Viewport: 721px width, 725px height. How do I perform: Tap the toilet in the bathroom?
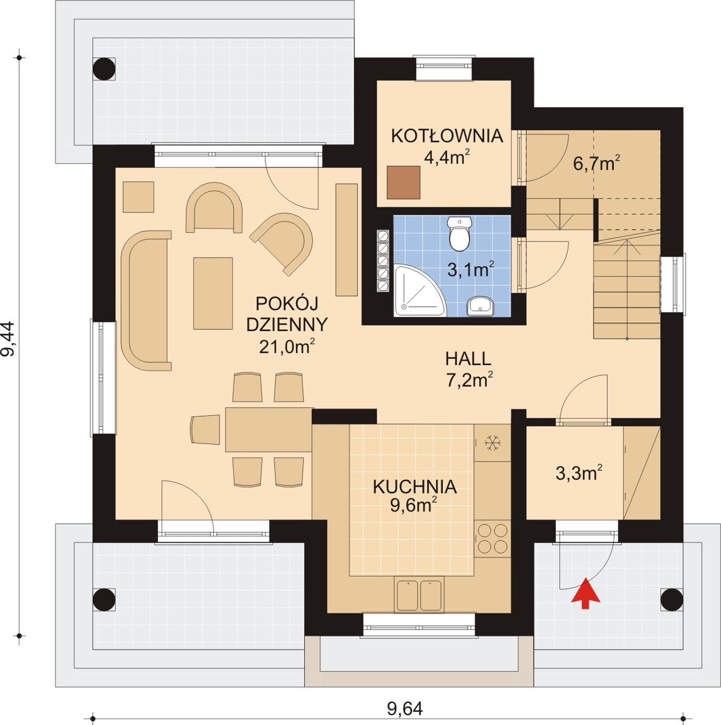459,234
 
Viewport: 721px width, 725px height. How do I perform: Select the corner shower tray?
419,290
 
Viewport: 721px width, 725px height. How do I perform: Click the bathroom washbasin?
479,306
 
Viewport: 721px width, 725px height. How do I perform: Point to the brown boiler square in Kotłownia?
404,183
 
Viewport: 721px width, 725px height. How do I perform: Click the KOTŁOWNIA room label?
447,136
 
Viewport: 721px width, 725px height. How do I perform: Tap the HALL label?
468,359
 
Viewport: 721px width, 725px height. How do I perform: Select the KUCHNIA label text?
415,487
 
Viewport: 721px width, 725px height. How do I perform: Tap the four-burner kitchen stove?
493,539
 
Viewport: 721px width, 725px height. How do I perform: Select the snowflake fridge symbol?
490,443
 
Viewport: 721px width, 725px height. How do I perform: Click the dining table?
269,429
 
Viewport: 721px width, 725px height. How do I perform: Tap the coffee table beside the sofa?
213,293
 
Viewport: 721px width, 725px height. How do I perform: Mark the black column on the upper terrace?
104,69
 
